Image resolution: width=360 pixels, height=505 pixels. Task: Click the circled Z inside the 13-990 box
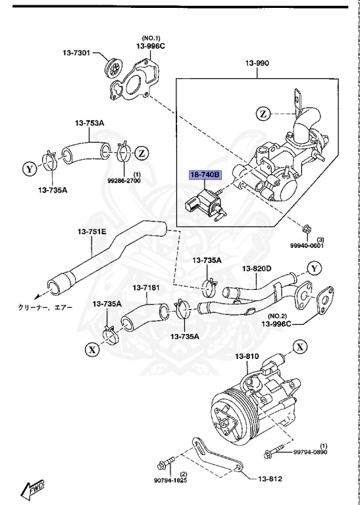pos(264,114)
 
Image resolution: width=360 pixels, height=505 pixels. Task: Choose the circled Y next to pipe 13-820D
pos(315,268)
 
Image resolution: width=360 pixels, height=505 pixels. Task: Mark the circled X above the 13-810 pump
pos(299,347)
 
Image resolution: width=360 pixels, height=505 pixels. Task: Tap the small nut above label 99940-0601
pos(306,229)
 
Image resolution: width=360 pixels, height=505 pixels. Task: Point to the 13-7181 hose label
pos(147,288)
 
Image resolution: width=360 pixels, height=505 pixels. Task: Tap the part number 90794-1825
pos(170,481)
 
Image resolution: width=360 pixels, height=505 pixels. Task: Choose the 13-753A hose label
pos(89,122)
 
